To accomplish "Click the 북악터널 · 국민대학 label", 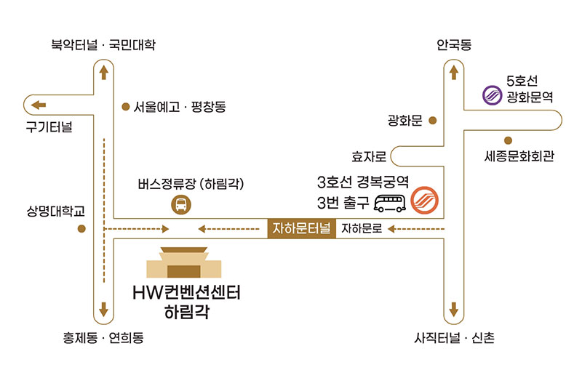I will [103, 46].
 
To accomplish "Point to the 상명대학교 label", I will [56, 212].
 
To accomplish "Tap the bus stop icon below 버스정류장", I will [180, 206].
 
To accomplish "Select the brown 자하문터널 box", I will [301, 229].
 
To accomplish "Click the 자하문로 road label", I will [362, 229].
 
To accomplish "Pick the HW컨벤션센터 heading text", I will [187, 293].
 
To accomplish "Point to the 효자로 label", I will [367, 156].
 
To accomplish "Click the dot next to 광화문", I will [432, 120].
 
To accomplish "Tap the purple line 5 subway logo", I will [493, 94].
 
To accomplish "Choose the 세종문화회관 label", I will [519, 156].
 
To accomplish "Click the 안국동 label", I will [454, 46].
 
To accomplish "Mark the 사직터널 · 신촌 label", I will [454, 338].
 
